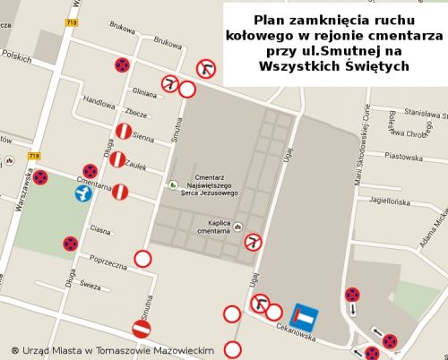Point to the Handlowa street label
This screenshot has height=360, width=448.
[x=99, y=101]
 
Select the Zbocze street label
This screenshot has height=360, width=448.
[x=137, y=114]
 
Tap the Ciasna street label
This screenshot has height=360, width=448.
[x=100, y=229]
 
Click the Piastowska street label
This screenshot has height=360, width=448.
[x=401, y=156]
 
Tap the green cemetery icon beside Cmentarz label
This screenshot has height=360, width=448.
[x=172, y=184]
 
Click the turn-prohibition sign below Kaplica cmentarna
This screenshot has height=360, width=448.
[x=254, y=241]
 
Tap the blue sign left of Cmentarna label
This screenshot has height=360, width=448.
[x=83, y=193]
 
